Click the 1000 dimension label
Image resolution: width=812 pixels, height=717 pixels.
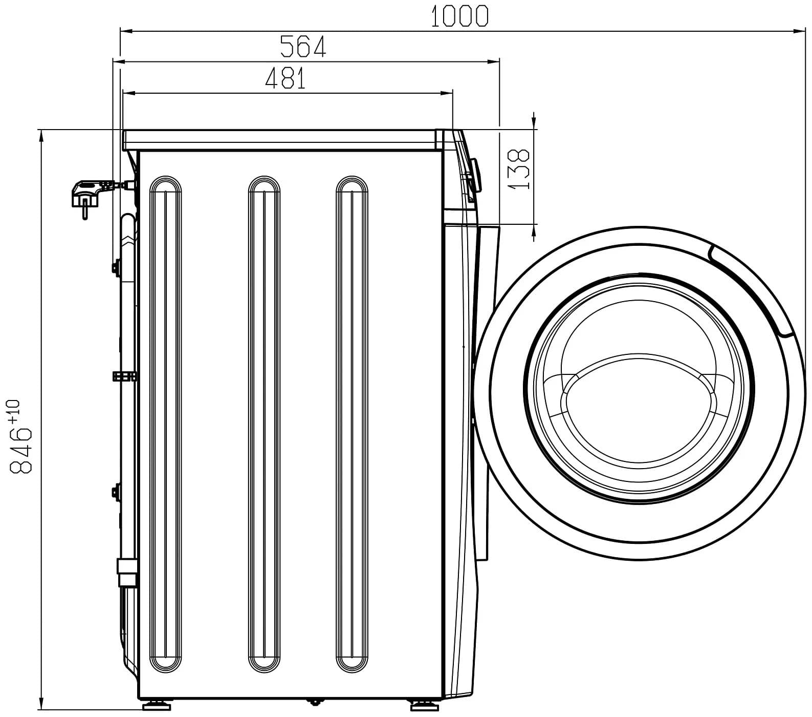(459, 16)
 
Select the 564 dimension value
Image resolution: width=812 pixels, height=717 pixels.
(303, 47)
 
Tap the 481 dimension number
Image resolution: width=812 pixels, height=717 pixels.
(286, 78)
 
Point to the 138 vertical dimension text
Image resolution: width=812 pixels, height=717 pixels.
(519, 170)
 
